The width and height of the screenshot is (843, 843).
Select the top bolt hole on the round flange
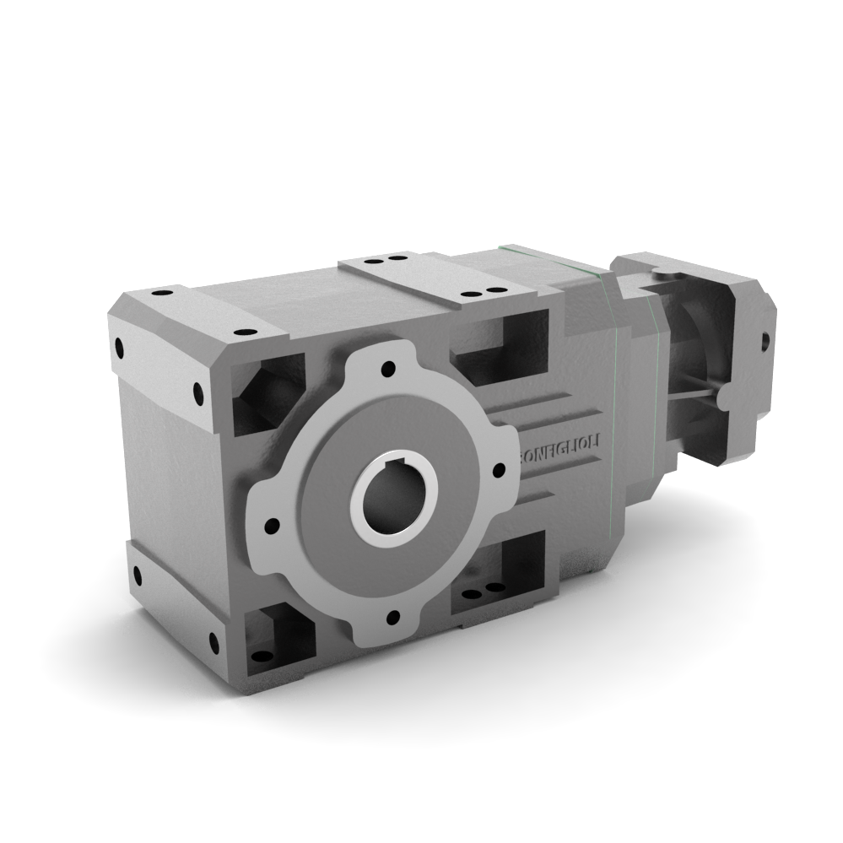387,369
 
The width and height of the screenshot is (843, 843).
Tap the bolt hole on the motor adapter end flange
765,341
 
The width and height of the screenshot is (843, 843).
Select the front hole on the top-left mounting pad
244,333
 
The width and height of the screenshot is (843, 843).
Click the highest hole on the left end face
118,346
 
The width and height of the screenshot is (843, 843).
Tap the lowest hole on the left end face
213,645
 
